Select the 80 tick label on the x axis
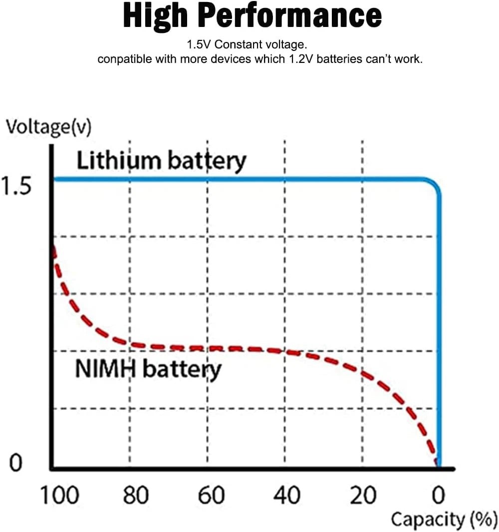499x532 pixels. click(x=136, y=496)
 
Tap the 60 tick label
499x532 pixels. click(x=211, y=496)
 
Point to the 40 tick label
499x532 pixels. click(x=287, y=496)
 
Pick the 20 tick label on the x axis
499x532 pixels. click(x=363, y=496)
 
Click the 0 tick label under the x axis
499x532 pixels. click(x=438, y=496)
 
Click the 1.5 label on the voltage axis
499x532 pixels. click(x=17, y=187)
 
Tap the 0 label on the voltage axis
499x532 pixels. click(x=15, y=464)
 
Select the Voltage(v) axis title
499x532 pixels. click(x=48, y=128)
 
